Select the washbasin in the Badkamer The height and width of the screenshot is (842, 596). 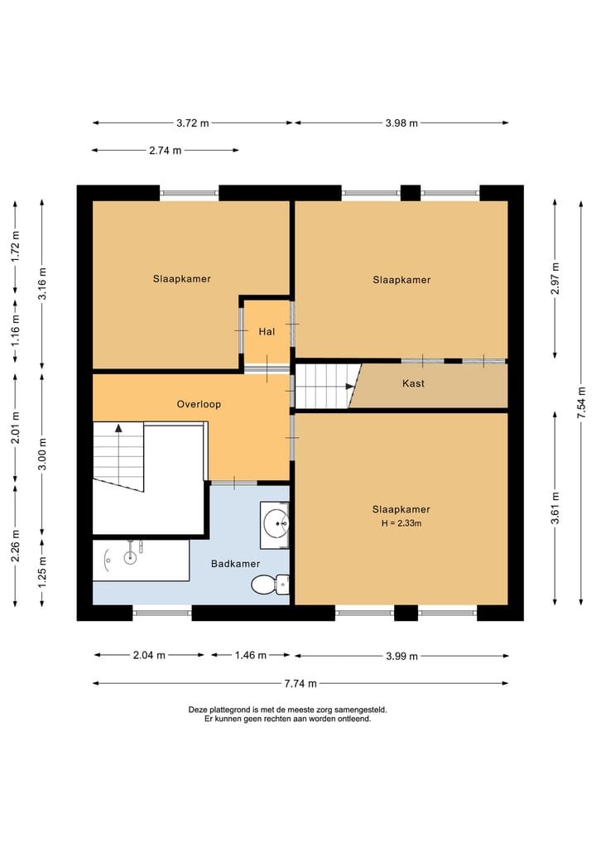275,525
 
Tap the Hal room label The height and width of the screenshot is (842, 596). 267,332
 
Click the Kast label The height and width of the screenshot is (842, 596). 413,383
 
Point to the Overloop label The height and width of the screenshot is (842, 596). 199,404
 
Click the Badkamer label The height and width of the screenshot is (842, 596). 235,564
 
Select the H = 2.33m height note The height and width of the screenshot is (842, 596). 401,523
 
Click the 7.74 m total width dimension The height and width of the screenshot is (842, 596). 300,684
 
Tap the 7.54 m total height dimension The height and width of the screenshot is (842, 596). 581,402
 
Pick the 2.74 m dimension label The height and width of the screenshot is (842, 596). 166,151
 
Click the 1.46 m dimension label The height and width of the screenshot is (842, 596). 251,655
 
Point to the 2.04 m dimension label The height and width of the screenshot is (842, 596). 149,655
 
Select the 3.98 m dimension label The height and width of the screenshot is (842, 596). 401,123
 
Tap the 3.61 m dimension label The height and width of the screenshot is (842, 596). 555,508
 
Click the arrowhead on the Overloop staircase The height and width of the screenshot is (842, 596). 118,428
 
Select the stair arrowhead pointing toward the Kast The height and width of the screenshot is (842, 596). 350,386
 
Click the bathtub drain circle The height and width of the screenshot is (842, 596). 131,557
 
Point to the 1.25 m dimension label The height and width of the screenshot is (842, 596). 42,571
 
